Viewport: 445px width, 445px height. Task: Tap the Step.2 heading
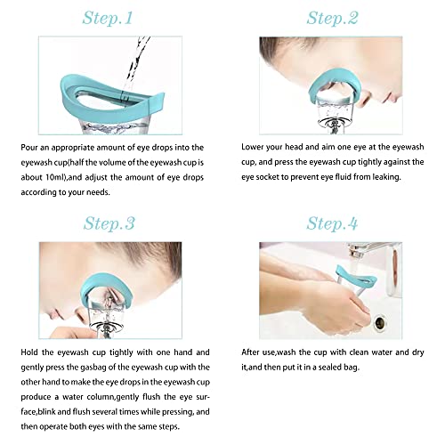pyautogui.click(x=332, y=18)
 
